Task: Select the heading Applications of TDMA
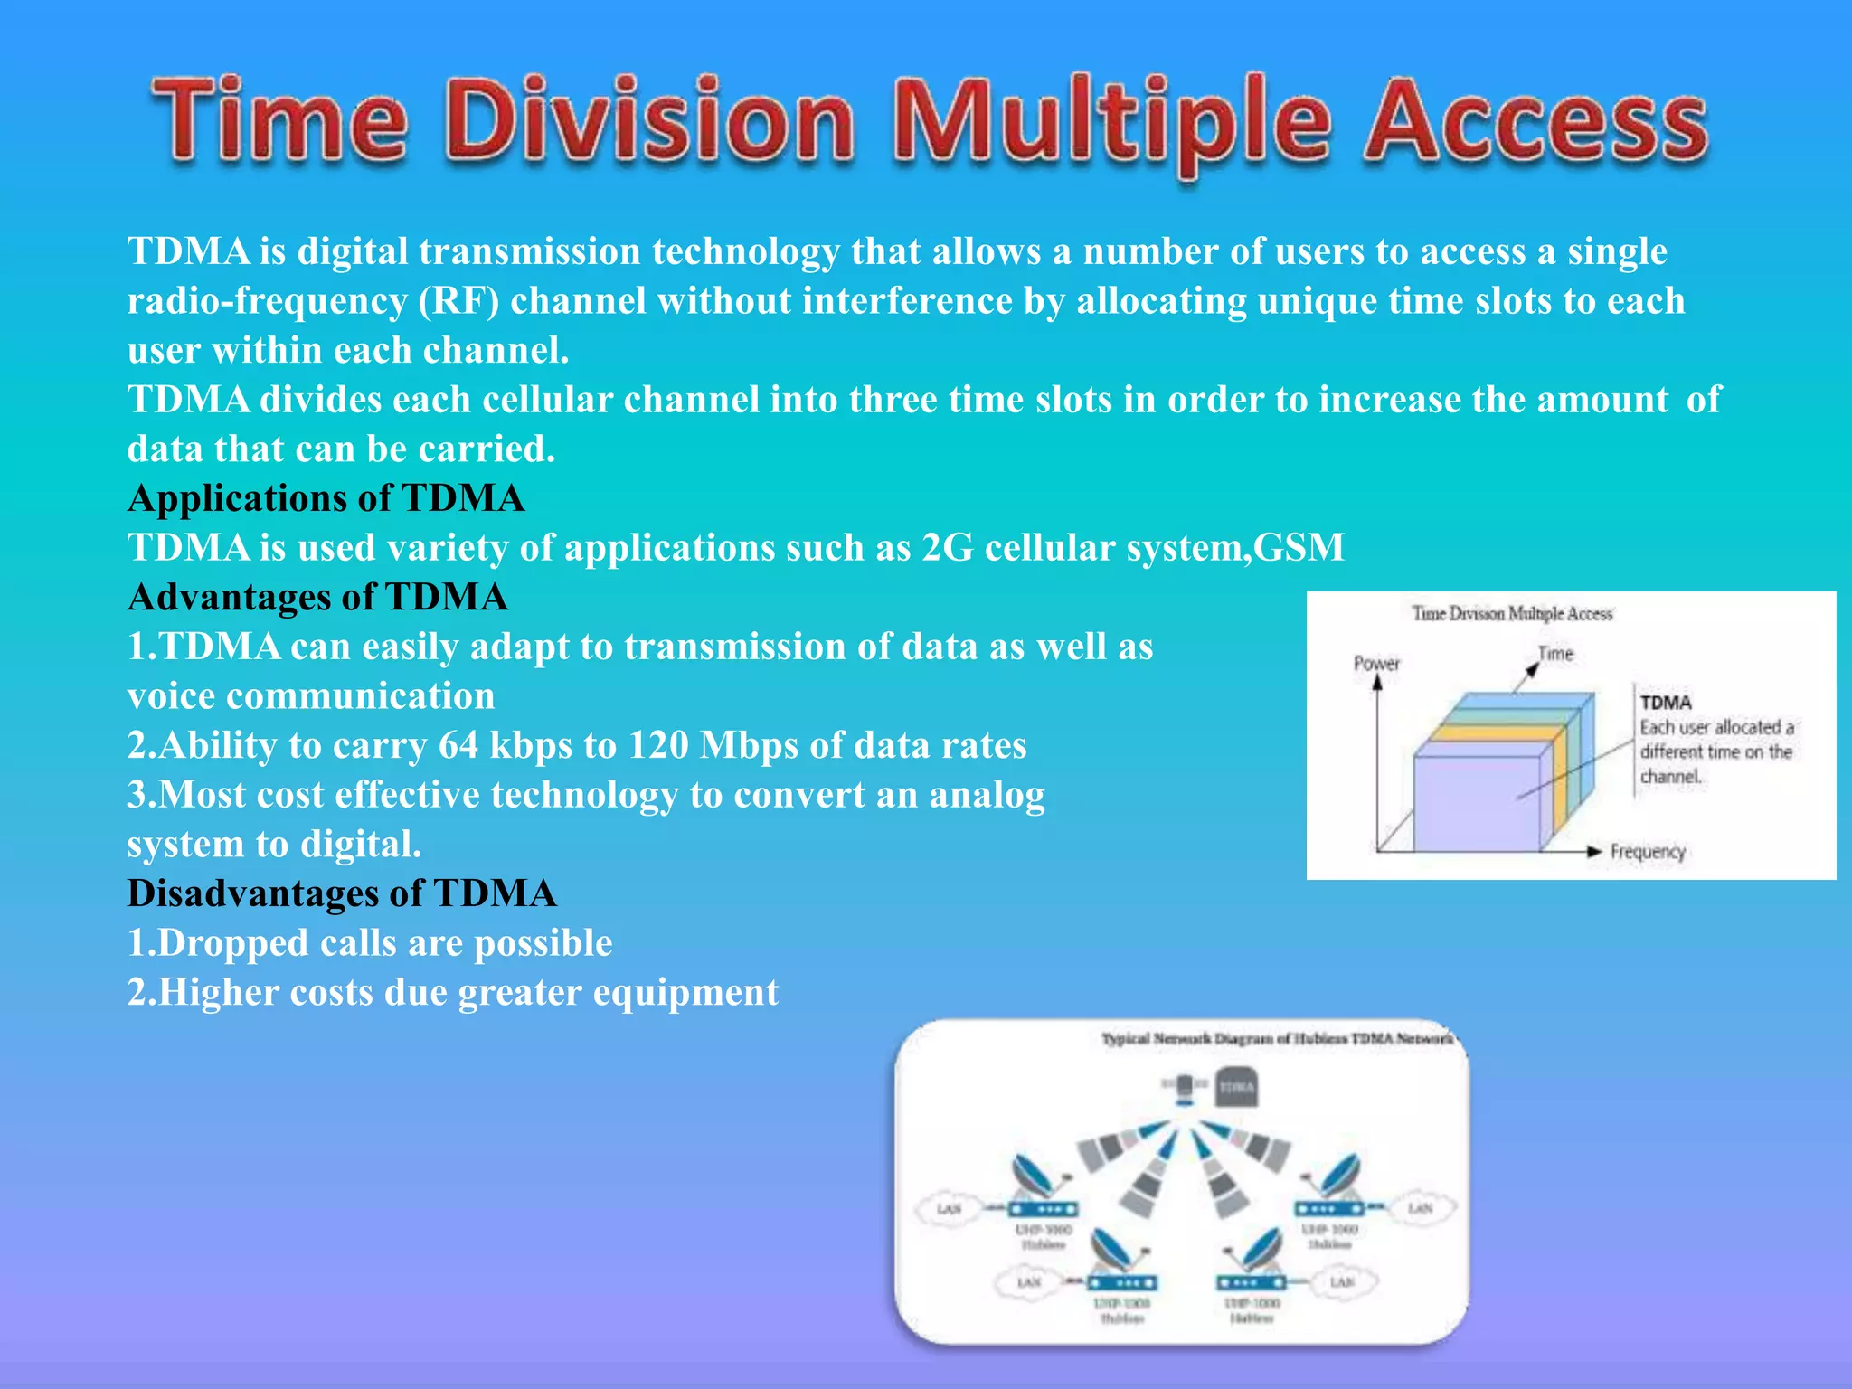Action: point(326,498)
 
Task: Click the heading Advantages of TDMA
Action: point(317,597)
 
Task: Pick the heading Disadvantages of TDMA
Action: point(341,893)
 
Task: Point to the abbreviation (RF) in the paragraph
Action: point(458,301)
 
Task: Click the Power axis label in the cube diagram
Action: point(1376,664)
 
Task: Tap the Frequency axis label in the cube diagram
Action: point(1648,852)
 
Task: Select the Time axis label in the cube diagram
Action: point(1555,653)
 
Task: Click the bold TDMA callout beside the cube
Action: point(1666,703)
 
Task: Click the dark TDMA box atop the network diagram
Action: point(1236,1087)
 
